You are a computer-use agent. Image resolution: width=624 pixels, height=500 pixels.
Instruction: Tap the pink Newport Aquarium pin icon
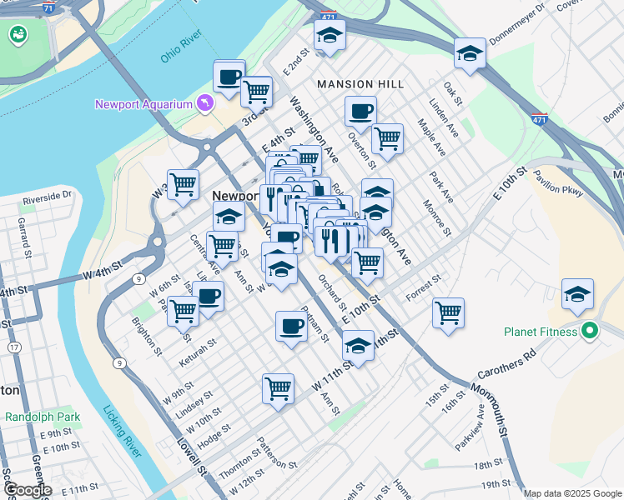(x=204, y=102)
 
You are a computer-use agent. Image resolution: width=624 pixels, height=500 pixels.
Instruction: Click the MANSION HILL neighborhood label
(x=360, y=84)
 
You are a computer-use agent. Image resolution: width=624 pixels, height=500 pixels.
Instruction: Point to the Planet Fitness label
(x=541, y=332)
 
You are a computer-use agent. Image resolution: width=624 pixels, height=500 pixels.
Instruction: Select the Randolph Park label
(x=42, y=416)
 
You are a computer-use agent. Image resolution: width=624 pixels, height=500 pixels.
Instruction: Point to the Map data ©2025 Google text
(x=572, y=493)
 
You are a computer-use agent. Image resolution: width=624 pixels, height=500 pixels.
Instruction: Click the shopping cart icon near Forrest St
(x=449, y=313)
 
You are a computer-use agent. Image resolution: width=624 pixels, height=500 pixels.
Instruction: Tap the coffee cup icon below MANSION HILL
(x=360, y=111)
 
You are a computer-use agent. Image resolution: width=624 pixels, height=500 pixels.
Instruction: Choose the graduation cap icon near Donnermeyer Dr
(x=471, y=54)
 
